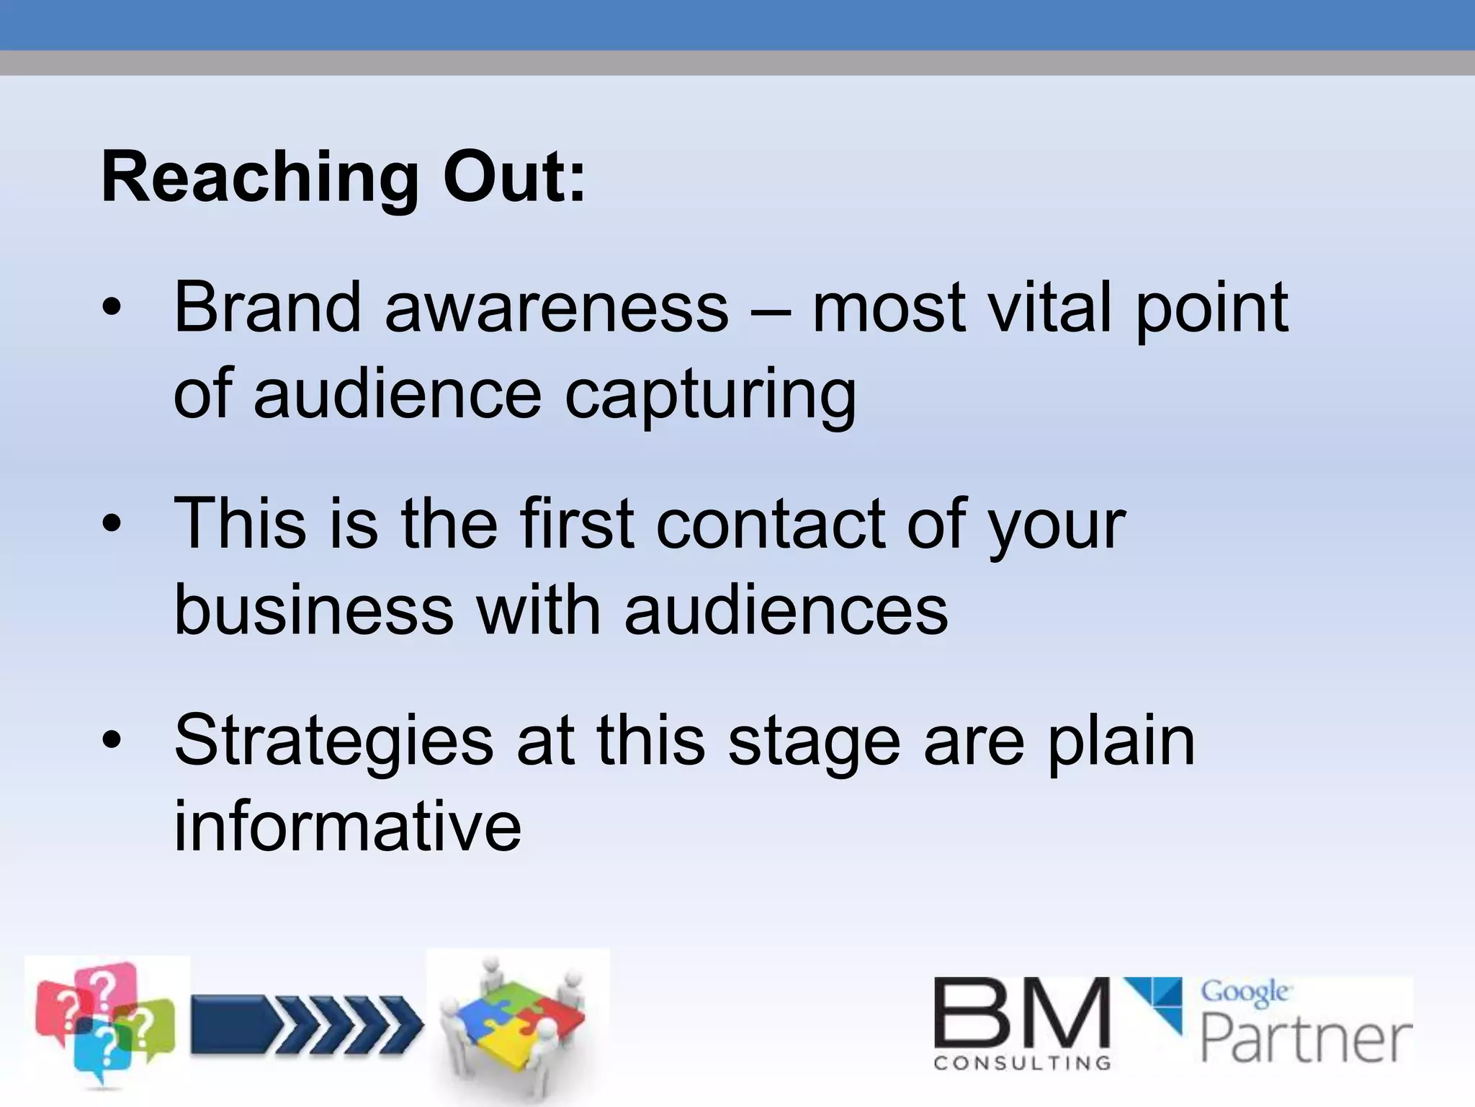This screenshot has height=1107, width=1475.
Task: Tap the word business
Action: (314, 611)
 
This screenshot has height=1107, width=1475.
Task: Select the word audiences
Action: (786, 611)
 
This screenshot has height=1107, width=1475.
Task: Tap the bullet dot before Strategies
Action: (112, 741)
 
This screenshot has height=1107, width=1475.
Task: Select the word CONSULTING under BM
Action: (1021, 1063)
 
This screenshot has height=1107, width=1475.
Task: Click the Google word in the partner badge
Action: (1245, 993)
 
